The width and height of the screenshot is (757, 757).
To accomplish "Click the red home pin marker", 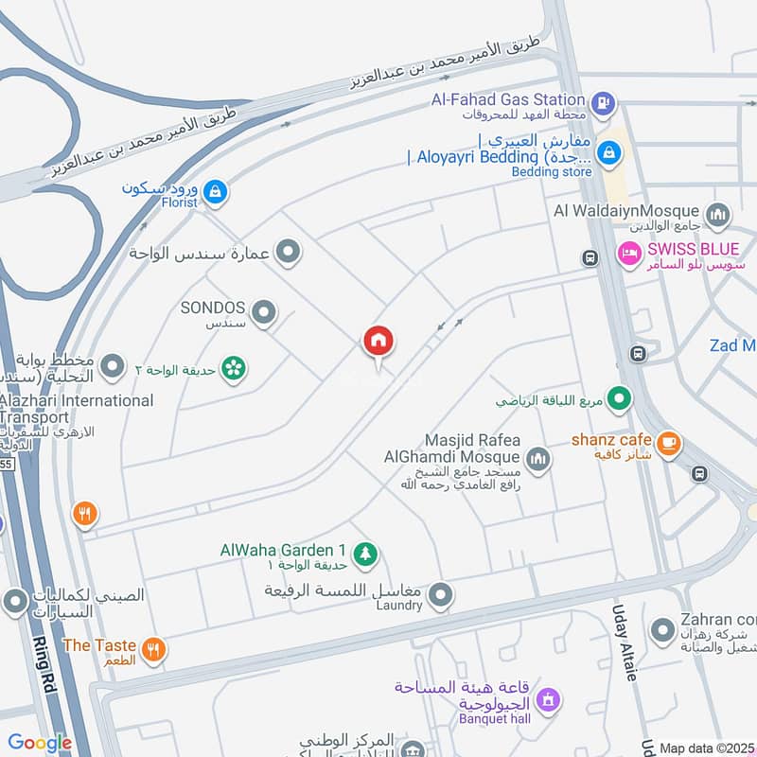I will [378, 342].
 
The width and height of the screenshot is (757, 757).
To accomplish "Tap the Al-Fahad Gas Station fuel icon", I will [601, 101].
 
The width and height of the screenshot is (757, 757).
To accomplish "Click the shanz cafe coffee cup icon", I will [668, 443].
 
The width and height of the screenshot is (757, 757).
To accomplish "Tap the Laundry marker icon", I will [439, 595].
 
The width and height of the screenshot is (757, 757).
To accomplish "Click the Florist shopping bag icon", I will [216, 192].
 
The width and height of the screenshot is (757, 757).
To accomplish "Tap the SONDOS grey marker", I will [264, 310].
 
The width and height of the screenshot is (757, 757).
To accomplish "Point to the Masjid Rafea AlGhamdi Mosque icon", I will [537, 461].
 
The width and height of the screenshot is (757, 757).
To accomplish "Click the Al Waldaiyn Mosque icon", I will [718, 214].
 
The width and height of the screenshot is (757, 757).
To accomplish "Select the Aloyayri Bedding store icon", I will [610, 150].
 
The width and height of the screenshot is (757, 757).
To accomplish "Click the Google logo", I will [40, 744].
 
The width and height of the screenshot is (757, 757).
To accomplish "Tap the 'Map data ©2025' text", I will [706, 748].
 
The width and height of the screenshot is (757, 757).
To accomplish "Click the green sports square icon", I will [619, 399].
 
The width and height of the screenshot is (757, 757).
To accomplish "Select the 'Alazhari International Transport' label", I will [76, 409].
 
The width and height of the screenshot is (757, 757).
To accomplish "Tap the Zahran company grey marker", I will [662, 628].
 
